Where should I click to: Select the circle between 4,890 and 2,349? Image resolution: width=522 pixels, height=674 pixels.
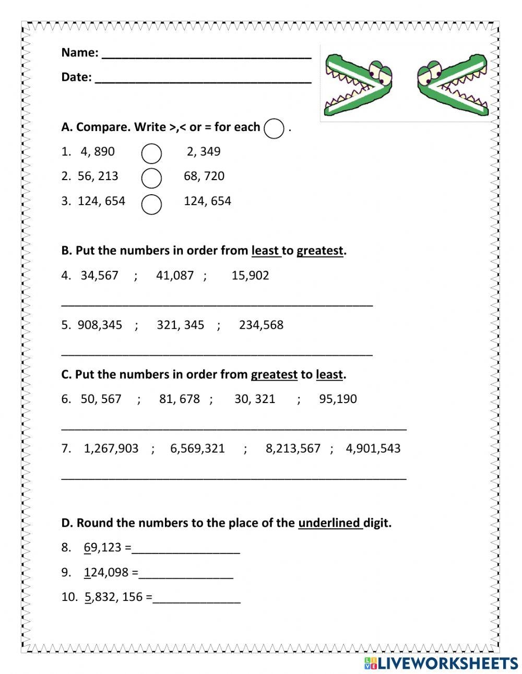point(151,153)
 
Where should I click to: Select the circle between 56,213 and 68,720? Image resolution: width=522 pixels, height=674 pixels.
point(151,178)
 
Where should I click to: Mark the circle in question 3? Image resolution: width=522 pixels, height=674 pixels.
point(151,204)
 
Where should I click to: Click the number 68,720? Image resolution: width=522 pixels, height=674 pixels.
point(204,176)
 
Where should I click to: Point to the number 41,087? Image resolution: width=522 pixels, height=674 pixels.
point(175,275)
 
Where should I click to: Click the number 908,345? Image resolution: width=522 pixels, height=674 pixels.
point(100,325)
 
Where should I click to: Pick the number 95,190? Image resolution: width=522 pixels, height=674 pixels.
point(338,399)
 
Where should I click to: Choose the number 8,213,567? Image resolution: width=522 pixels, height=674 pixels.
point(293,448)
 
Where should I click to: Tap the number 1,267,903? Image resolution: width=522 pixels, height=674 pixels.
point(111,448)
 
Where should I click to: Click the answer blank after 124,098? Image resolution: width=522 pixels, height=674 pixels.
point(186,574)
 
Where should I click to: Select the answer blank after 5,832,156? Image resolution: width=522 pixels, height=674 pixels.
point(196,599)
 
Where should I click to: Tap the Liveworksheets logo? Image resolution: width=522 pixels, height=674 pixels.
point(441,663)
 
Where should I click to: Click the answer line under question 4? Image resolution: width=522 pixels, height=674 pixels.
point(217,303)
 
